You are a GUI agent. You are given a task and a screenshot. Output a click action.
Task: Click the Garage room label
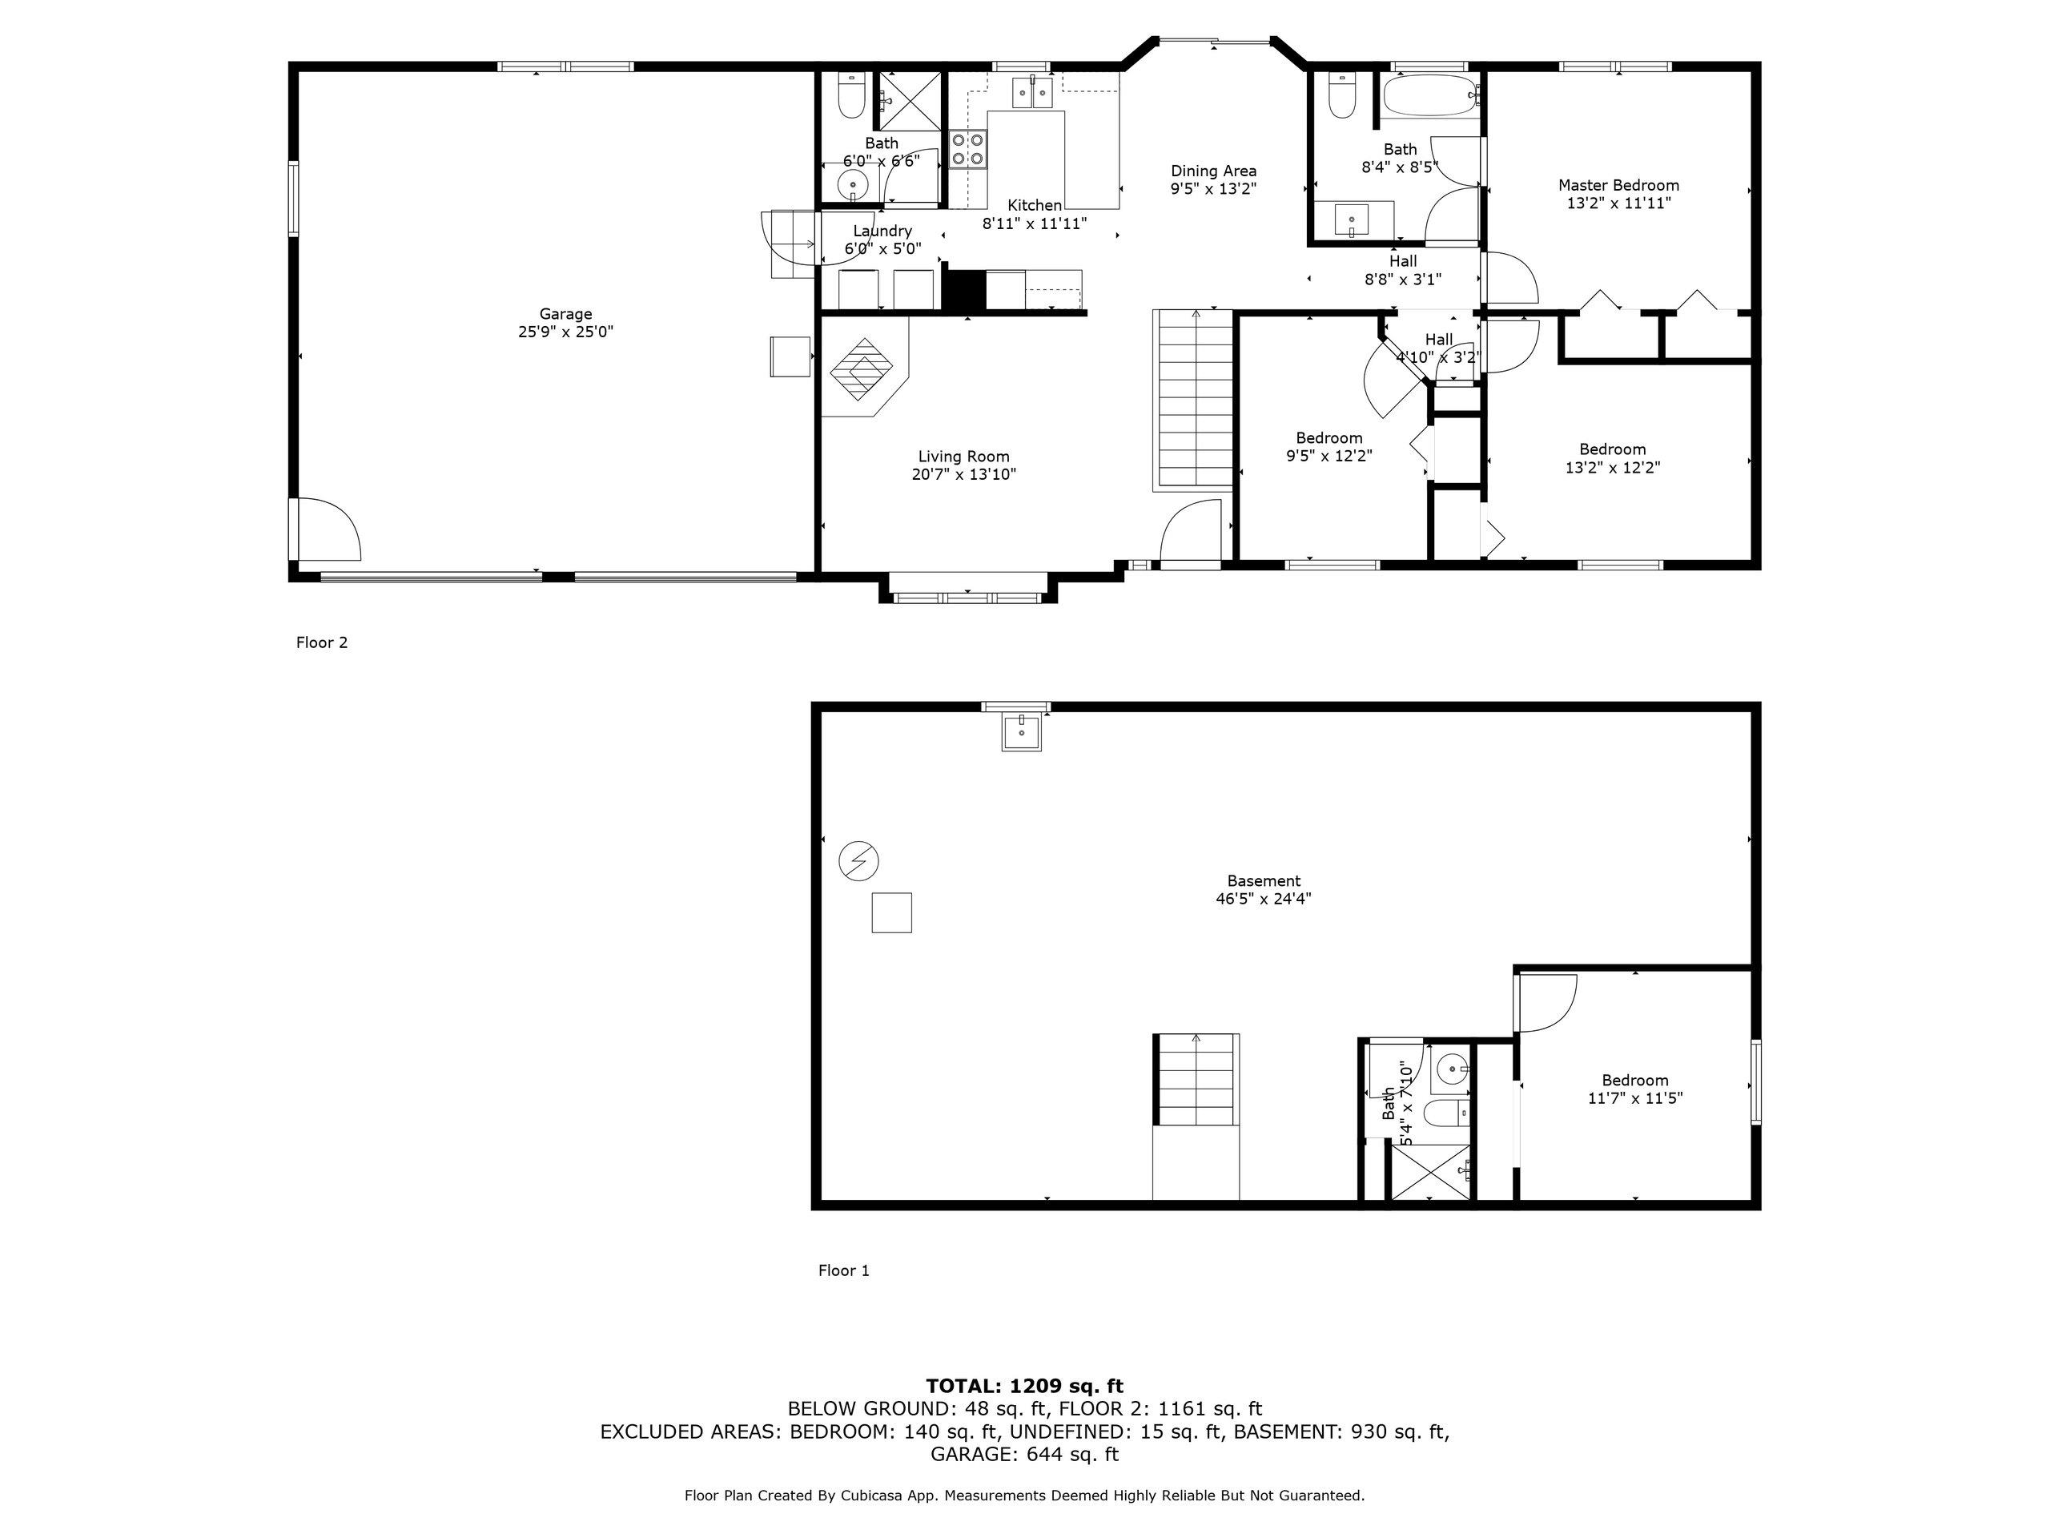[565, 314]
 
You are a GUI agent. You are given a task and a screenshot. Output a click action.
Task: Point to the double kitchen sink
[1032, 92]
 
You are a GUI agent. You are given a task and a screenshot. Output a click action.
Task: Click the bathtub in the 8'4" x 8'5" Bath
[1427, 96]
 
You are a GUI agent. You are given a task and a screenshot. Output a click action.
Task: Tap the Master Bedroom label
[1618, 185]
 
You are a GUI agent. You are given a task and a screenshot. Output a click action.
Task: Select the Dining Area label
[1213, 171]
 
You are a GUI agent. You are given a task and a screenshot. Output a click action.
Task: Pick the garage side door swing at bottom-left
[328, 529]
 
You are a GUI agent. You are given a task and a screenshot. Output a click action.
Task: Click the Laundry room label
[882, 231]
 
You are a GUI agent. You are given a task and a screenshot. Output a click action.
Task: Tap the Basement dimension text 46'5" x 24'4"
[1263, 898]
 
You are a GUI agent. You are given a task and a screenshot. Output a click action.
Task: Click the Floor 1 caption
[843, 1270]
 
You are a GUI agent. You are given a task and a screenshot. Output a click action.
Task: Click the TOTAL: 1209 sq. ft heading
[1024, 1386]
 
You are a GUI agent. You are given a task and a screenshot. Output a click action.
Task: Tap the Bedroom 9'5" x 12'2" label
[1329, 437]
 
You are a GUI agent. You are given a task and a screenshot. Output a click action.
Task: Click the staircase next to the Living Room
[1196, 400]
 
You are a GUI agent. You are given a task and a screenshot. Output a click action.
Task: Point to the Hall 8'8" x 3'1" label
[1402, 261]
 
